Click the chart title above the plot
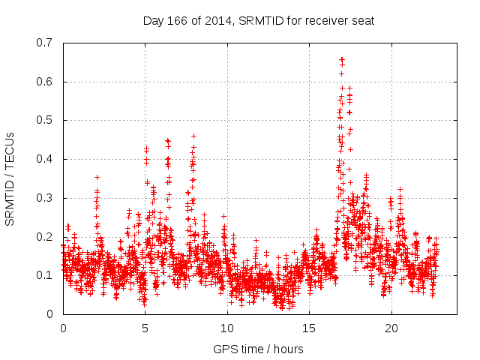pos(259,20)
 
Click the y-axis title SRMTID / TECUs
pos(10,178)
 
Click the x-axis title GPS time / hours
pos(259,349)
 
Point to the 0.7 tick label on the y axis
pos(45,43)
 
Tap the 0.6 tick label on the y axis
pos(45,82)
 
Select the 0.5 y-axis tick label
pos(45,120)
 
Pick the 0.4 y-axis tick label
pos(45,159)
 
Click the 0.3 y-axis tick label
pos(45,198)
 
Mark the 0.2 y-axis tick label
pos(45,236)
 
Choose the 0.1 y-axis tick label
pos(45,275)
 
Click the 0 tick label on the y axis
pos(51,314)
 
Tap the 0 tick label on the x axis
pos(63,328)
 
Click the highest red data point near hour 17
pos(342,58)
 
